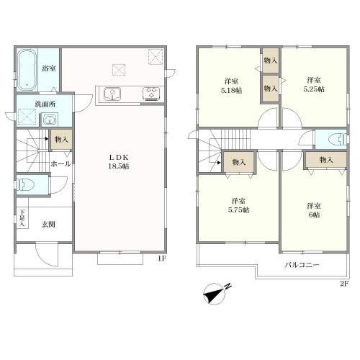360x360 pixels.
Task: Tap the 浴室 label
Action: coord(49,69)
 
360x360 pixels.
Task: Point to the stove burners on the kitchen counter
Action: coord(153,93)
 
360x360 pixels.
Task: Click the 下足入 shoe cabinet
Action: coord(22,218)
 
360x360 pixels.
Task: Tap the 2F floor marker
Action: coord(343,282)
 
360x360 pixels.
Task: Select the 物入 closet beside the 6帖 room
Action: coord(325,160)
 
